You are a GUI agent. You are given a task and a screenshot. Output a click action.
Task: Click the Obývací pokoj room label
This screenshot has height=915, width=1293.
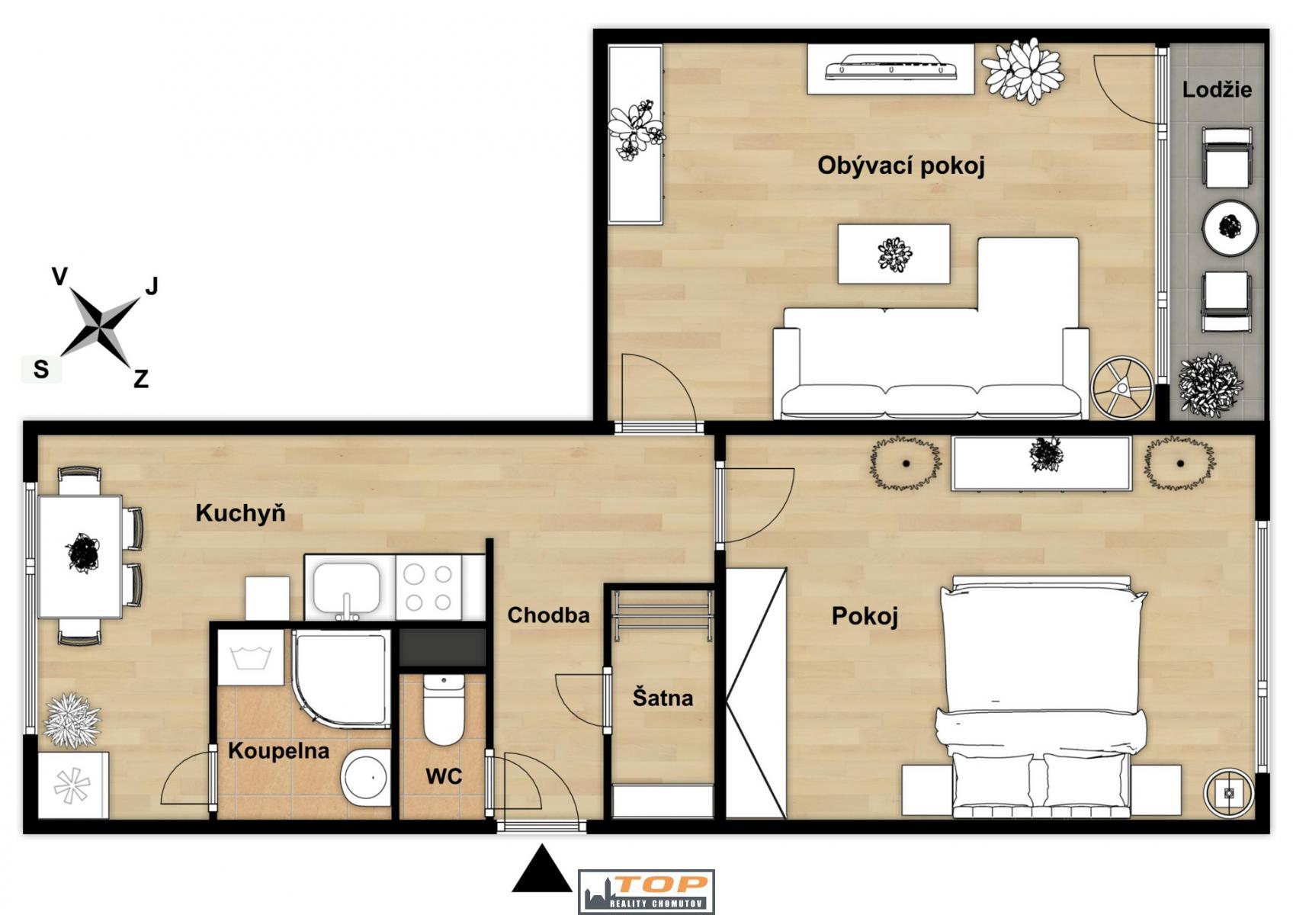[901, 166]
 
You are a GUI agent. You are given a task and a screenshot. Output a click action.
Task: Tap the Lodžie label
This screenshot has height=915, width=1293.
[1217, 90]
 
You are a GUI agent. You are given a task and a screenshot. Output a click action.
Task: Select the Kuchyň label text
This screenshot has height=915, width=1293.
[240, 512]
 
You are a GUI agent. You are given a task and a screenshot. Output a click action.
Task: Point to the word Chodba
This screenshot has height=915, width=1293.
[548, 615]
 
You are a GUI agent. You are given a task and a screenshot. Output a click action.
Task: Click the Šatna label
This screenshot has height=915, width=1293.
[663, 698]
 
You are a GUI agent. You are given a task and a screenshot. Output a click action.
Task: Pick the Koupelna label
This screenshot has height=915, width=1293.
[279, 750]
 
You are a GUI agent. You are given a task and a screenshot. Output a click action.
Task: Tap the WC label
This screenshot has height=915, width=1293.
[444, 776]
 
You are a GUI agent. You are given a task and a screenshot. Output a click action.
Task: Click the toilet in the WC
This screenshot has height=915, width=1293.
[443, 709]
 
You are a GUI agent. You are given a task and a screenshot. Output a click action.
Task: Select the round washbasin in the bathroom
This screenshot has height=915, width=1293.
[366, 777]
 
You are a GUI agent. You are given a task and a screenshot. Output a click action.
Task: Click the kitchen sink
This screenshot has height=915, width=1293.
[346, 589]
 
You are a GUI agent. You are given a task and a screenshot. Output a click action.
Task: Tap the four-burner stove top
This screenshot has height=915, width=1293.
[428, 588]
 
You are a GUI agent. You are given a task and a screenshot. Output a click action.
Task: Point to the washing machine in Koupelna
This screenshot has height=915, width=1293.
[251, 657]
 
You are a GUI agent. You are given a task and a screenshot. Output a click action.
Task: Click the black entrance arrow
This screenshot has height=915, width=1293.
[541, 869]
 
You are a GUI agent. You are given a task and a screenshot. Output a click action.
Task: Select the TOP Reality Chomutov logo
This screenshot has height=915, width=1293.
[646, 892]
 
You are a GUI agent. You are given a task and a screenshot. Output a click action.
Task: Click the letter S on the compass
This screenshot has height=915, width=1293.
[41, 369]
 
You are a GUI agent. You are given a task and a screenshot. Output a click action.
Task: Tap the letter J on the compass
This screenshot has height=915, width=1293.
[151, 286]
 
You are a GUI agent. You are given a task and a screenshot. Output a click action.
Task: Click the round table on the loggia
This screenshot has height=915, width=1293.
[1230, 227]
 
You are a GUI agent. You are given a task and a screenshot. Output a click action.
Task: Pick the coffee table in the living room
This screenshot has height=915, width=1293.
[894, 254]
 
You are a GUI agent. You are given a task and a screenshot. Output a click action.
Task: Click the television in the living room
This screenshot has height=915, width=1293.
[890, 68]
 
